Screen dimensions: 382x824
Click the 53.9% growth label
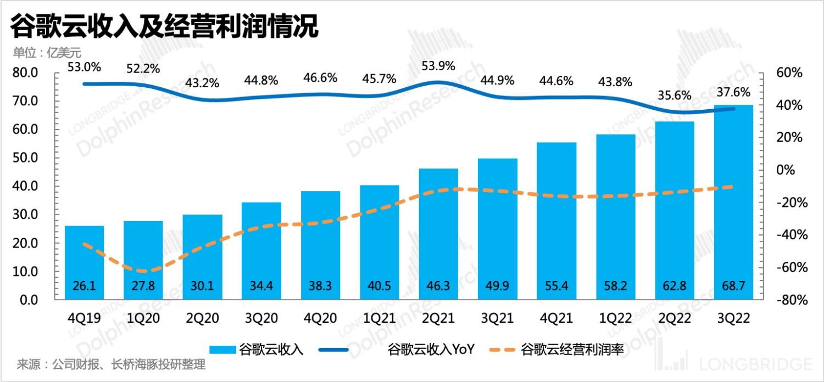438,66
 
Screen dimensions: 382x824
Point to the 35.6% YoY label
674,95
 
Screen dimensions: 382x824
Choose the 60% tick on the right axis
790,73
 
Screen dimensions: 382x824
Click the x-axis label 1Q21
379,319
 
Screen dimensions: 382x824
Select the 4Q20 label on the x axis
320,319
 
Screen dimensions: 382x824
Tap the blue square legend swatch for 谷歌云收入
222,349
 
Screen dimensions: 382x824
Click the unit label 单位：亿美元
47,53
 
